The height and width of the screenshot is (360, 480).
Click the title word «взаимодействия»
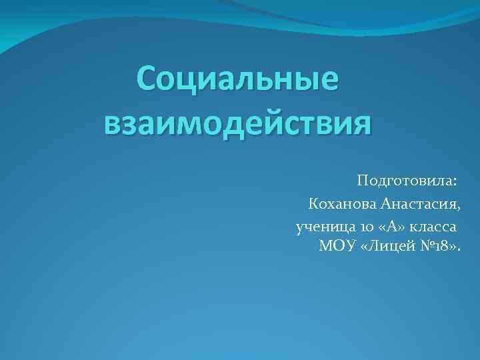pyautogui.click(x=237, y=124)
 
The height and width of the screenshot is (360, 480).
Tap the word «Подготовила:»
pyautogui.click(x=407, y=181)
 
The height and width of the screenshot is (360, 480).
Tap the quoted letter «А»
pyautogui.click(x=392, y=227)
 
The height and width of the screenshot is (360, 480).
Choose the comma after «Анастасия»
pyautogui.click(x=458, y=206)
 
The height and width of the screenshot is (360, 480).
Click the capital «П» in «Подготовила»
pyautogui.click(x=363, y=180)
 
